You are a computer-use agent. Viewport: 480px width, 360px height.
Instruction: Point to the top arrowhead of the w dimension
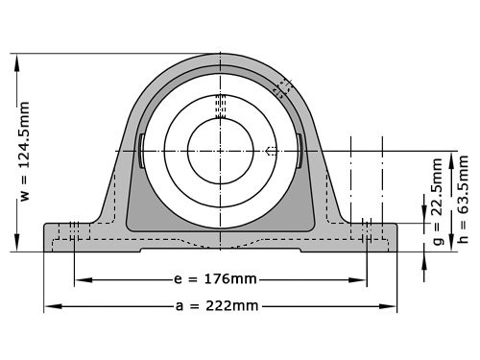16,58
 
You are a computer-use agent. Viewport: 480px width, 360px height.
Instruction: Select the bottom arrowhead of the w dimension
16,246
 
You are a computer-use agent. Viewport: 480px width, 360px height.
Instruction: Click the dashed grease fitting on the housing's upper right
281,87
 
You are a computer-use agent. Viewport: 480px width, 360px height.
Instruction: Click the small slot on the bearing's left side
142,151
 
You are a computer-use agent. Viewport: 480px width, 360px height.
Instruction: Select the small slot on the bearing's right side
300,151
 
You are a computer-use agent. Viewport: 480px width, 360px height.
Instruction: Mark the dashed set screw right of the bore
272,151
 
